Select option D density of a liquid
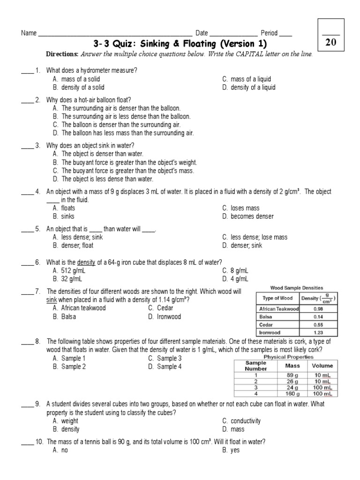(248, 87)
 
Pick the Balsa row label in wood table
(266, 316)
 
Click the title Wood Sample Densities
(297, 288)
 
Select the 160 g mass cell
(295, 394)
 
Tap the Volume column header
(322, 365)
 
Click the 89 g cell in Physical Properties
(295, 375)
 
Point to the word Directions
(62, 54)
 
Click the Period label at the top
(269, 33)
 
